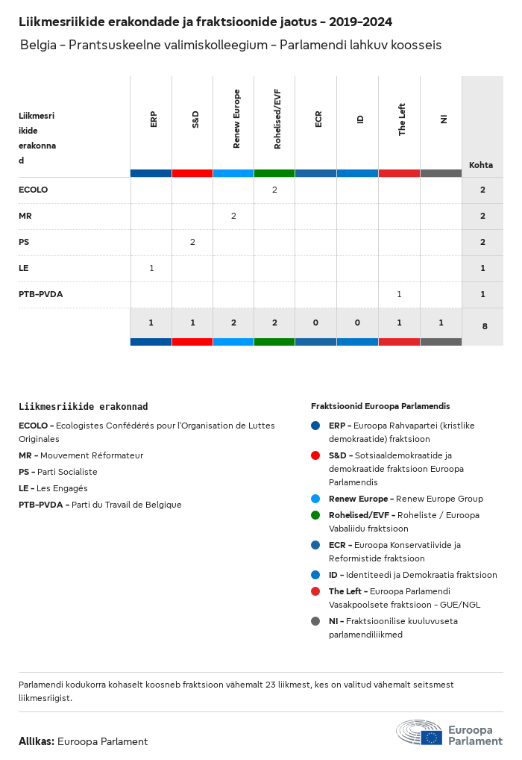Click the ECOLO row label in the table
tap(33, 190)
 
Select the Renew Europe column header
tap(236, 119)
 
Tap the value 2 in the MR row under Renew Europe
tap(233, 216)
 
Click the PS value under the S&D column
tap(192, 242)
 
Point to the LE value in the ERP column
tap(151, 267)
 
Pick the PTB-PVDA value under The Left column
tap(399, 294)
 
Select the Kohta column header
tap(481, 165)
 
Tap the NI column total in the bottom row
tap(441, 323)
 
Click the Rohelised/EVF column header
tap(277, 119)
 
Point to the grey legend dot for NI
tap(315, 620)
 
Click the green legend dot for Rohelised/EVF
tap(315, 515)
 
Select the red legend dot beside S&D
tap(315, 455)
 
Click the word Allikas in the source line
tap(36, 741)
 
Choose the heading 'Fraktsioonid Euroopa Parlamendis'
tap(380, 406)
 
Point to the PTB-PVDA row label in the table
tap(41, 294)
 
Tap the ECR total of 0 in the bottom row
tap(316, 323)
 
